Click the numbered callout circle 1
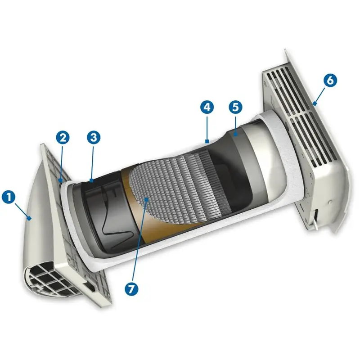[9, 197]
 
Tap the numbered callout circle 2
[63, 138]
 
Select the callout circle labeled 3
[94, 138]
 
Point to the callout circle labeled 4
[207, 107]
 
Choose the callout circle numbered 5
[235, 107]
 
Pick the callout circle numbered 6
[330, 81]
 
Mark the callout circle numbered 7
[131, 289]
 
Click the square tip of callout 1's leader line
[29, 218]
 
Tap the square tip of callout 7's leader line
[146, 199]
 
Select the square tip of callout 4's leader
[207, 141]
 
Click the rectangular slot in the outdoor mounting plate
[90, 287]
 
